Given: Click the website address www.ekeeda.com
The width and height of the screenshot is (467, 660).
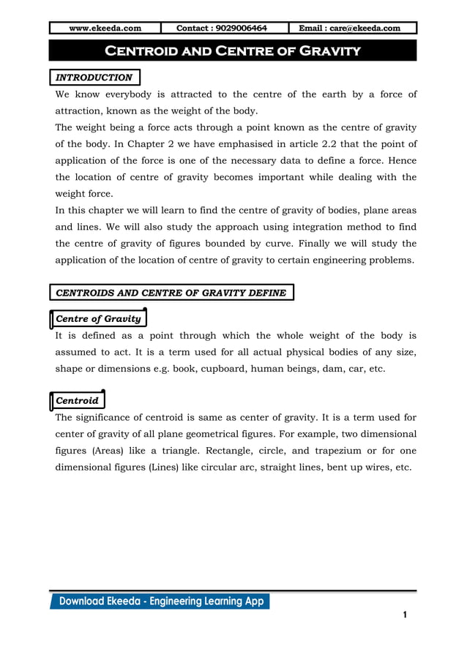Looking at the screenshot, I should (105, 29).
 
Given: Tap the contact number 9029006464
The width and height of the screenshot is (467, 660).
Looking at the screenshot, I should (222, 29).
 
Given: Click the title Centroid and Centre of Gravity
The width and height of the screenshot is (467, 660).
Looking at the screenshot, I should (233, 50).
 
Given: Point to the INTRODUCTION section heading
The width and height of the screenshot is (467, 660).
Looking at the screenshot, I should (94, 78).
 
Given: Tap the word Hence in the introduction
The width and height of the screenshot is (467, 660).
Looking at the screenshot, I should (400, 160).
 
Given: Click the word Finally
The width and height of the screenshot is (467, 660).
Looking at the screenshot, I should (314, 243).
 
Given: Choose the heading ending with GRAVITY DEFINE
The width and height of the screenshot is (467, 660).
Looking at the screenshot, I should (171, 293).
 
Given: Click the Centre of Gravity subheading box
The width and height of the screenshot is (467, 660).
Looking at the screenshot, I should (98, 319).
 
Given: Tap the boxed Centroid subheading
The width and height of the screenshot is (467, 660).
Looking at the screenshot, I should (77, 401).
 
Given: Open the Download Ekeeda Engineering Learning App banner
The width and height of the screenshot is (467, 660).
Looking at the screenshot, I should (160, 601).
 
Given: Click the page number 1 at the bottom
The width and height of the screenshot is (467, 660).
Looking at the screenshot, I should (404, 615).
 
